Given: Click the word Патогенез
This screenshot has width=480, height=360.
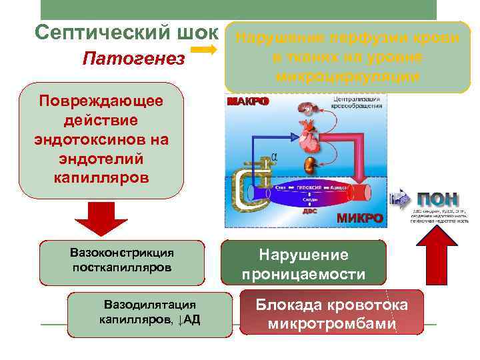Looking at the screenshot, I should pyautogui.click(x=134, y=59).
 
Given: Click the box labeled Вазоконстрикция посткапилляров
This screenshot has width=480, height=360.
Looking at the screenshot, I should pyautogui.click(x=122, y=260).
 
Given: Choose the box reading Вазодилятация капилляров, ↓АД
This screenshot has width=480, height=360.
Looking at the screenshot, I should pyautogui.click(x=150, y=311).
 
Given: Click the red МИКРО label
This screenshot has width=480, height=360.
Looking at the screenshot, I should pyautogui.click(x=359, y=218).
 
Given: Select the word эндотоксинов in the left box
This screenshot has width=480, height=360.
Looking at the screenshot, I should pyautogui.click(x=101, y=141).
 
